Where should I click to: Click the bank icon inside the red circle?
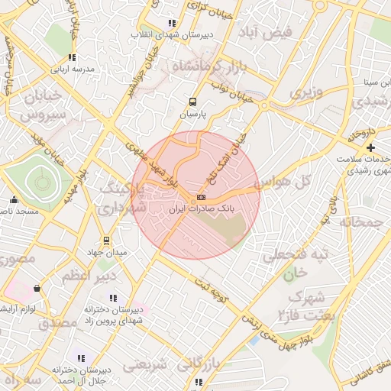pyautogui.click(x=201, y=197)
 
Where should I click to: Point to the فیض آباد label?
pyautogui.click(x=277, y=34)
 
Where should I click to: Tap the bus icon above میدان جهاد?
pyautogui.click(x=106, y=240)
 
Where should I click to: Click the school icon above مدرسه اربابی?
pyautogui.click(x=71, y=57)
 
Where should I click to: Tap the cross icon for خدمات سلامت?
pyautogui.click(x=371, y=147)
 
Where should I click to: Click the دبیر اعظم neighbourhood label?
pyautogui.click(x=87, y=275)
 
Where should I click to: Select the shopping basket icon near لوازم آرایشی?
pyautogui.click(x=36, y=289)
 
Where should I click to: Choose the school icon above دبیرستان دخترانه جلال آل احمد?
pyautogui.click(x=81, y=357)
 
